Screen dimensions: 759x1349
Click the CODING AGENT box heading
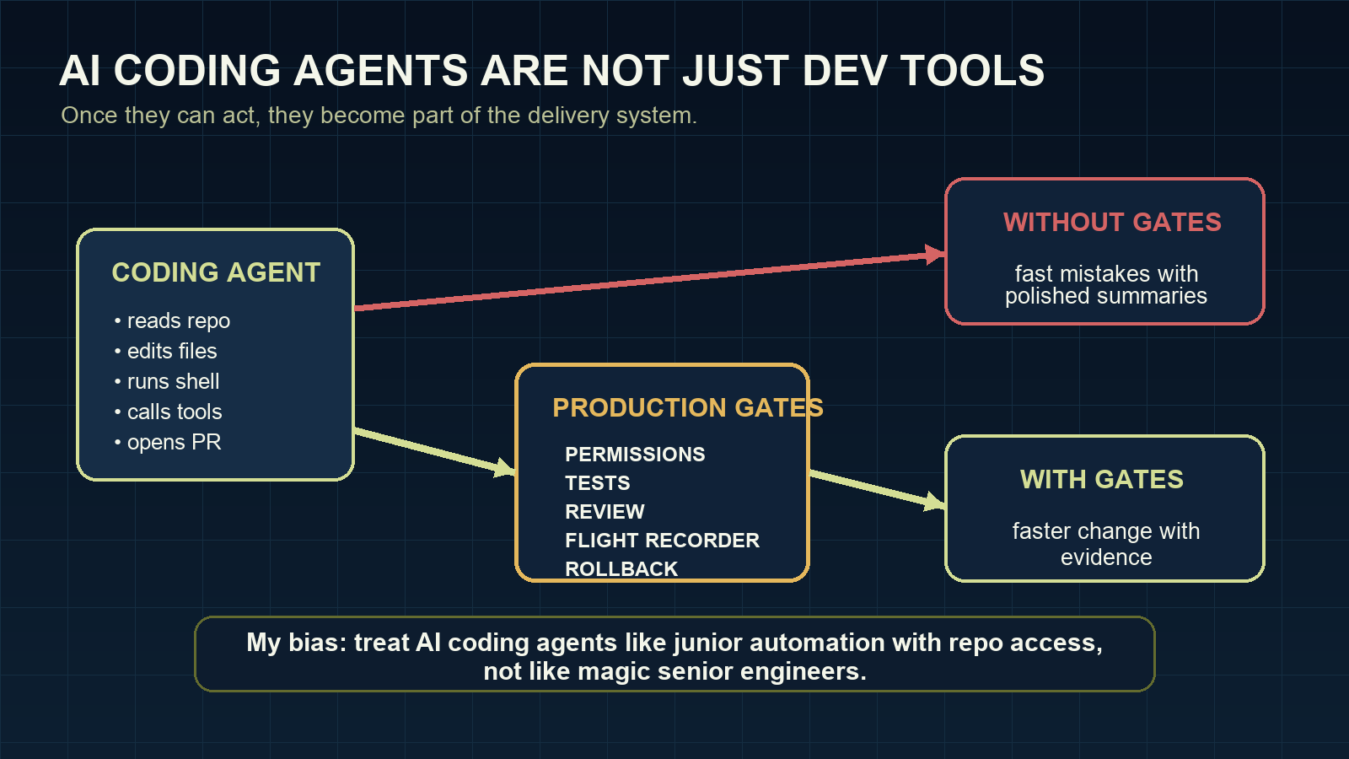(216, 272)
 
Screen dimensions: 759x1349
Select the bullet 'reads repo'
(178, 321)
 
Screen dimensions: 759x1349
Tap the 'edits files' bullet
(171, 352)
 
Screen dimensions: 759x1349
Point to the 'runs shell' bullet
(173, 382)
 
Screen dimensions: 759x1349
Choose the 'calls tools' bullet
(174, 412)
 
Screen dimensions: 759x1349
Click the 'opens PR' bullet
(173, 443)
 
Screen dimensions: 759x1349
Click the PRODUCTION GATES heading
(687, 408)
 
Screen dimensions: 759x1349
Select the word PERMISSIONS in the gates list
(635, 455)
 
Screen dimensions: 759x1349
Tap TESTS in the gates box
(597, 483)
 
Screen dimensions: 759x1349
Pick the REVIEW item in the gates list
(605, 512)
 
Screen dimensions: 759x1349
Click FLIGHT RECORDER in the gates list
(662, 541)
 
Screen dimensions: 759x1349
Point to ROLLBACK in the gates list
(621, 569)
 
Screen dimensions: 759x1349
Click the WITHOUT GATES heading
(1111, 223)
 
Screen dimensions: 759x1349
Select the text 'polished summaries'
(1105, 297)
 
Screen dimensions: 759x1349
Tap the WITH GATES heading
(1101, 480)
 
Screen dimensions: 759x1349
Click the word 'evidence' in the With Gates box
(1105, 558)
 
